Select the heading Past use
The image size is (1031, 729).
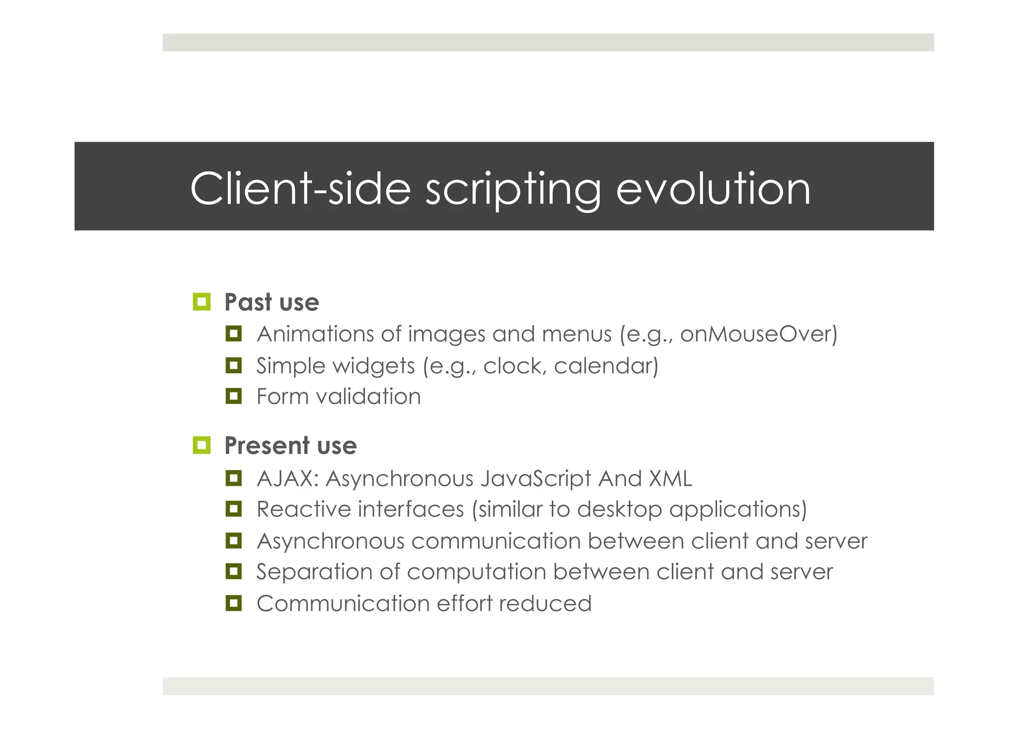271,302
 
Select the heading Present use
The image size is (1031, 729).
290,445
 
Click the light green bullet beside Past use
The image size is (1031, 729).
201,302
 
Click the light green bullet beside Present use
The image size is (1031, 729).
201,445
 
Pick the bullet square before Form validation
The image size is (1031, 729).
234,396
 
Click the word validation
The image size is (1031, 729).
368,396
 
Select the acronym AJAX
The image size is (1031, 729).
285,478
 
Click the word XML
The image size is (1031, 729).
670,478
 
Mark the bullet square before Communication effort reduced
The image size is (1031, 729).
234,603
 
